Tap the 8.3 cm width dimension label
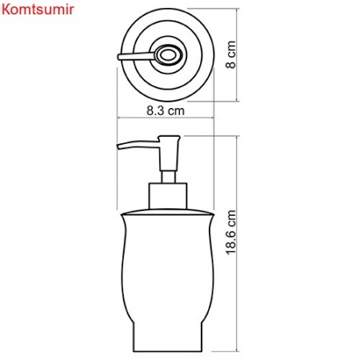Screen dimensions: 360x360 click(166, 112)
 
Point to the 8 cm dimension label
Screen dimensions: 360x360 click(233, 56)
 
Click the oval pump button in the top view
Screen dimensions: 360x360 click(168, 56)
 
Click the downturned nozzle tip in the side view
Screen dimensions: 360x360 click(120, 149)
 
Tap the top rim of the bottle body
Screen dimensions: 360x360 click(168, 214)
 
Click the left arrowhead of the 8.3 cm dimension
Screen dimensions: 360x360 click(122, 118)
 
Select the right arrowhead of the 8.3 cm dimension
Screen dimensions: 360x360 click(213, 118)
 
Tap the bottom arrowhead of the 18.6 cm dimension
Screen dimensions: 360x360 click(240, 349)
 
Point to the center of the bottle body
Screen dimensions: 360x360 click(168, 280)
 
